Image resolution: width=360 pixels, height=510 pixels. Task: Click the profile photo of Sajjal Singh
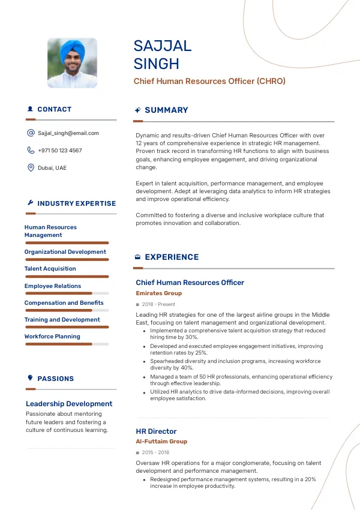click(x=72, y=64)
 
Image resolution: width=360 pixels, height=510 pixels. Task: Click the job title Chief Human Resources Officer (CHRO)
click(x=209, y=81)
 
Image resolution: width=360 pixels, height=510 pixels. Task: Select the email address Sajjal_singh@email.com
click(x=68, y=133)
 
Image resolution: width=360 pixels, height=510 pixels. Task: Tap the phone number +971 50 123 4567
click(x=60, y=151)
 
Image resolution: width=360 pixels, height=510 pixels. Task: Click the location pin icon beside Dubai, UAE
click(x=31, y=168)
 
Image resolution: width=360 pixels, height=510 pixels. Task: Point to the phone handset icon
click(x=31, y=151)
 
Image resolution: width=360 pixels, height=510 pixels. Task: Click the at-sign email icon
click(x=31, y=133)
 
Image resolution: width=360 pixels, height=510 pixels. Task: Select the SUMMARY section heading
click(x=166, y=110)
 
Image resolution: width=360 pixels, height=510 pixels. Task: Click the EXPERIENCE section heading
click(x=172, y=257)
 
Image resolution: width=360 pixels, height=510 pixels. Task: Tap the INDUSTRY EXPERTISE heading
click(x=77, y=203)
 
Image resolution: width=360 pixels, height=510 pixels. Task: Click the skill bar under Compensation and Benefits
click(x=67, y=310)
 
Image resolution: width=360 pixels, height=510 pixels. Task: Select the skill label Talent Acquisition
click(x=50, y=269)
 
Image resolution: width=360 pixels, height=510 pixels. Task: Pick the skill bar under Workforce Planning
click(x=67, y=344)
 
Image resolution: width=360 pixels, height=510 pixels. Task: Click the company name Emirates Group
click(x=159, y=293)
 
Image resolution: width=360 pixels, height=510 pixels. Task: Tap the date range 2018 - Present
click(x=158, y=304)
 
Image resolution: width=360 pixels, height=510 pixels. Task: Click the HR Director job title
click(x=156, y=431)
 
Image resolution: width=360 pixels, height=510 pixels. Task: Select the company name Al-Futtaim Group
click(x=161, y=442)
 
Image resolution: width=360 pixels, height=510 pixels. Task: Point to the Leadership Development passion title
click(x=69, y=404)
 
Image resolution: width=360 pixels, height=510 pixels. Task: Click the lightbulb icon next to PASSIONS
click(x=30, y=378)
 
